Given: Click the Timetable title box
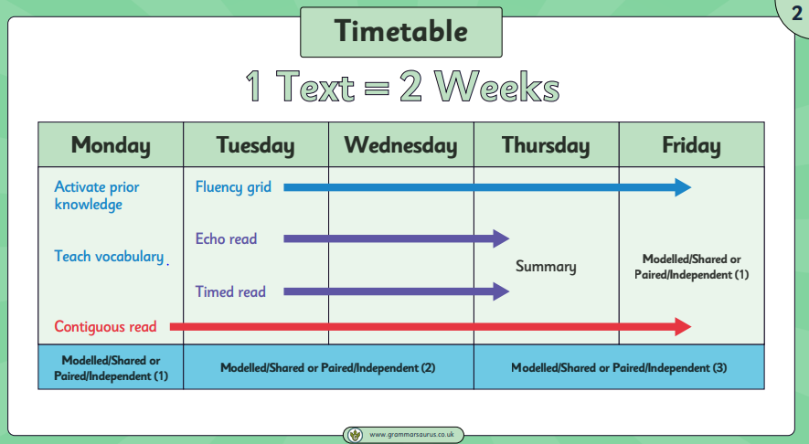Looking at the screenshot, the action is coord(401,32).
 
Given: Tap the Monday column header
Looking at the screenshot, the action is coord(111,145).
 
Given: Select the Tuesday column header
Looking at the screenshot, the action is coord(256,145).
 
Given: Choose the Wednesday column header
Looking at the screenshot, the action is coord(401,145).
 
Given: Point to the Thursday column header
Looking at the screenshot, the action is coord(547,145).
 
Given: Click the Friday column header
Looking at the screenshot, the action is coord(692,145).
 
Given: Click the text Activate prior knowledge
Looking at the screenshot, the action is coord(97,196).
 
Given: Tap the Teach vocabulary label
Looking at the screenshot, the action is coord(109,257).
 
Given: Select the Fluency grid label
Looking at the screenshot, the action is coord(233,187).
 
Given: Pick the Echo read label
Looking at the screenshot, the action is coord(226,238).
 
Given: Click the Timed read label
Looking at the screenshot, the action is coord(230,291).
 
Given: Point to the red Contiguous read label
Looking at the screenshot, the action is coord(105,326).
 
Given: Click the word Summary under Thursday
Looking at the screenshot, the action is coord(546,267).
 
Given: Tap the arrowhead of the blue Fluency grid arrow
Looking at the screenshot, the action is coord(684,187).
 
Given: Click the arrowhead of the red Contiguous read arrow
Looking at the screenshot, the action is coord(684,326).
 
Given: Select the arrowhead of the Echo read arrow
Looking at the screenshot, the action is coord(502,238).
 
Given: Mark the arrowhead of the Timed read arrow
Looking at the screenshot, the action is coord(502,291).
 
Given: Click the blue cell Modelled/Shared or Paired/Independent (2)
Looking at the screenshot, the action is coord(328,367).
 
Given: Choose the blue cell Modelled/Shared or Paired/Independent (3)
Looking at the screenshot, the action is coord(619,367).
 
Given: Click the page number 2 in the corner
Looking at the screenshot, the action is coord(797,14).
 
